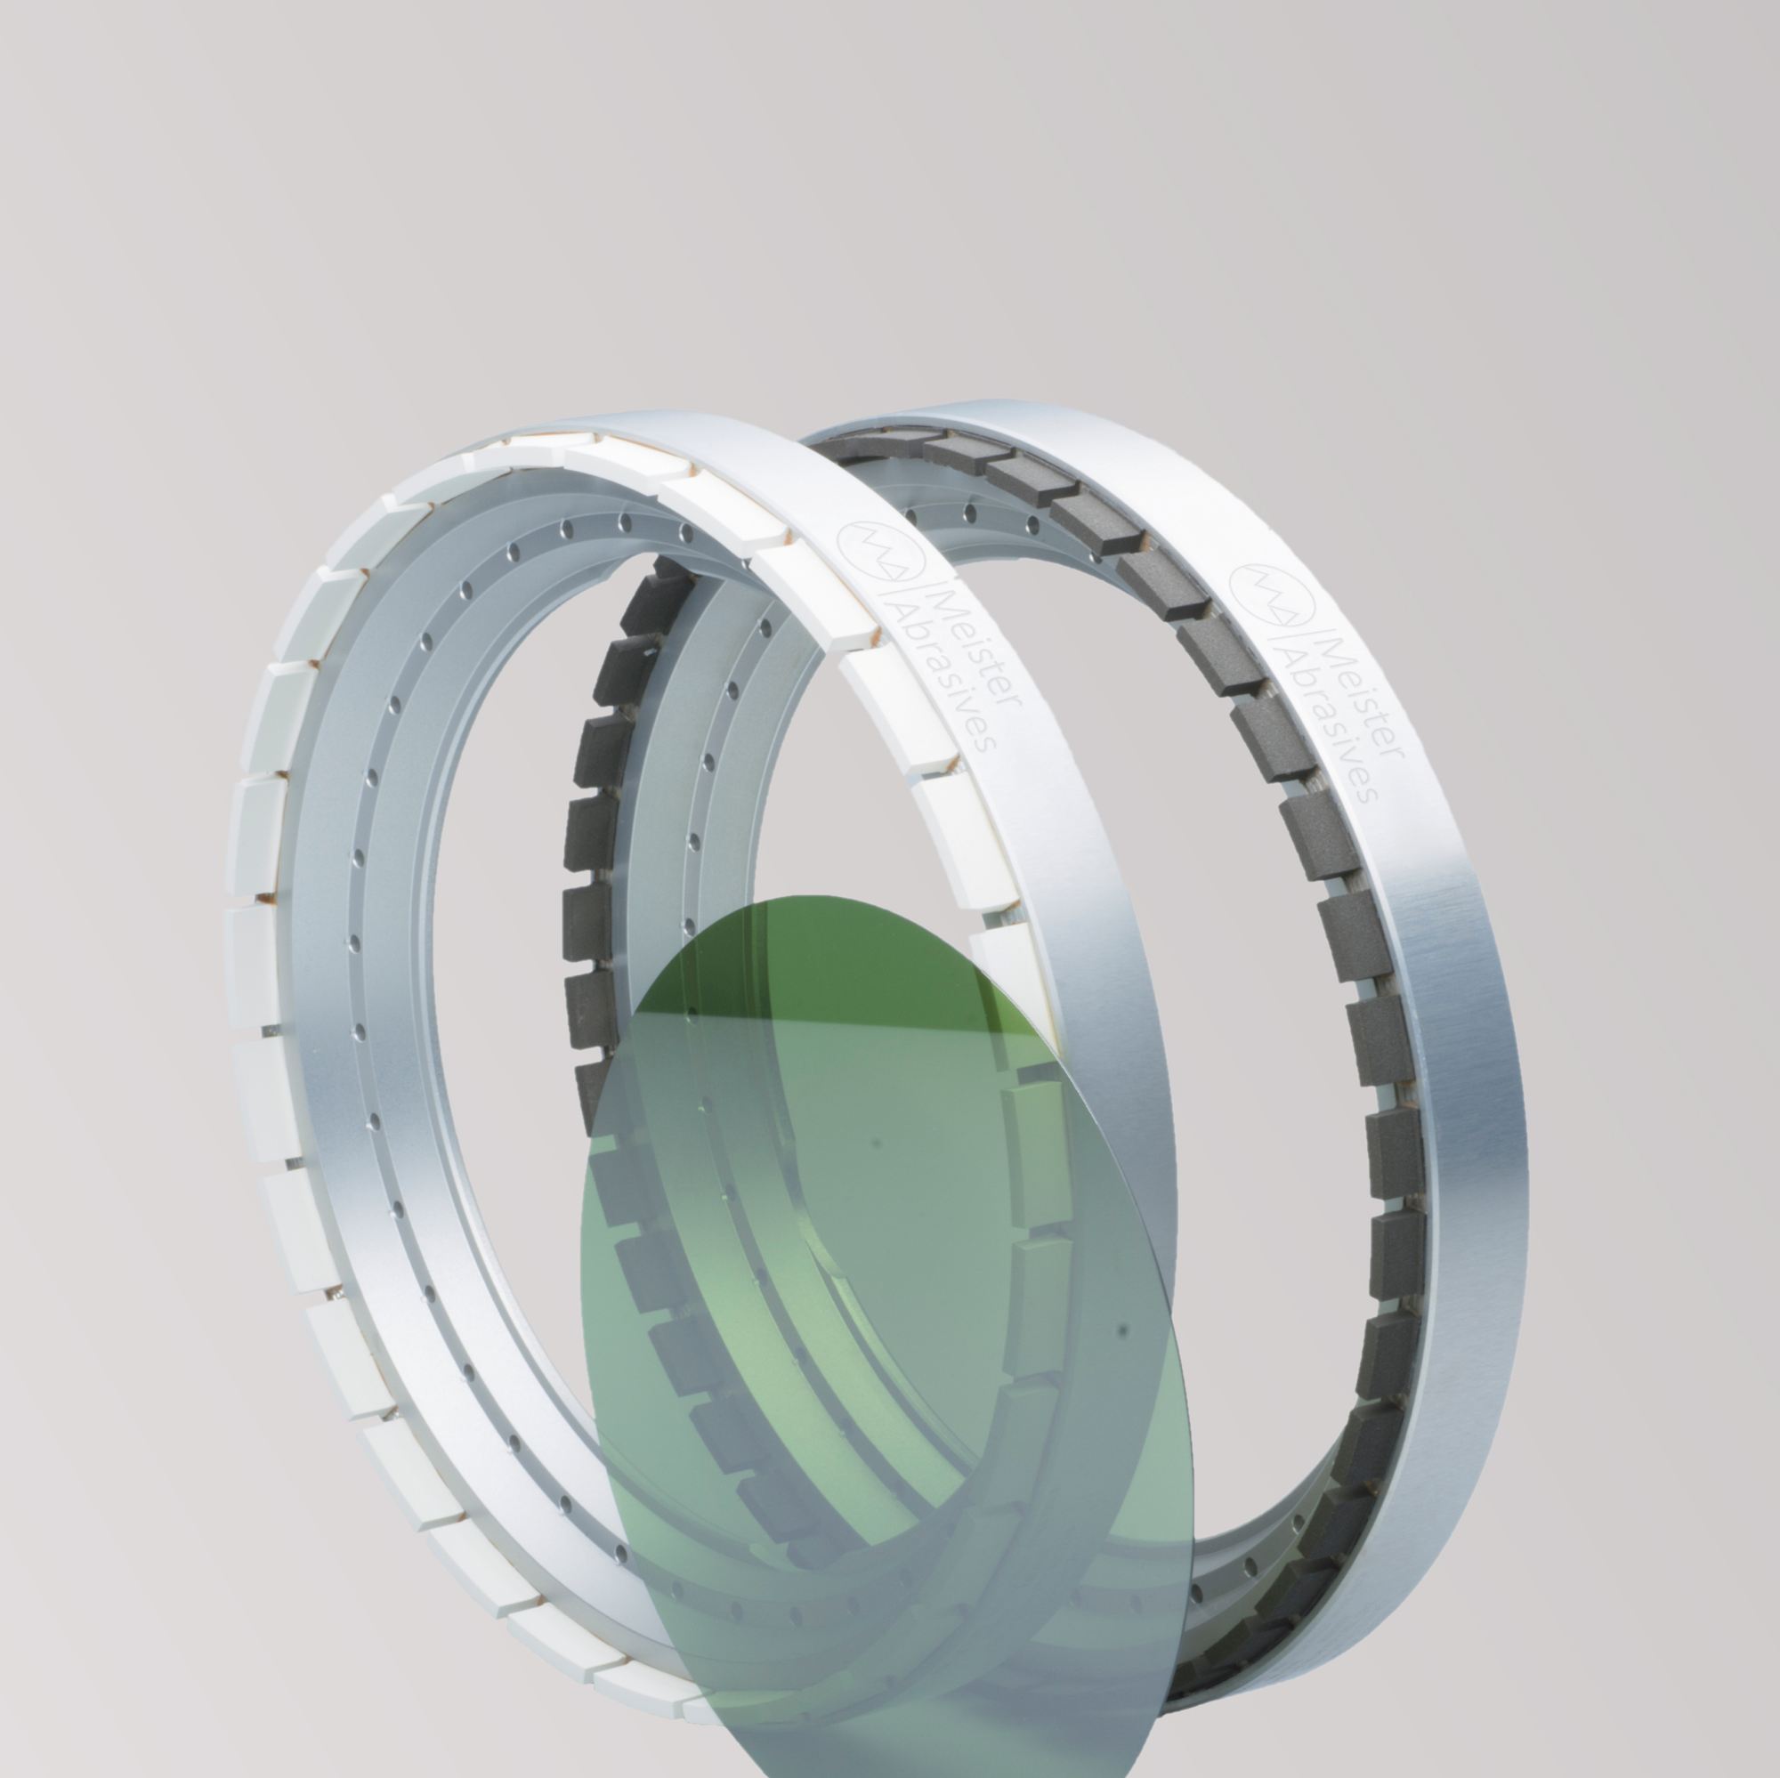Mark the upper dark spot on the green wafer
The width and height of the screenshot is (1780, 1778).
pyautogui.click(x=876, y=1144)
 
